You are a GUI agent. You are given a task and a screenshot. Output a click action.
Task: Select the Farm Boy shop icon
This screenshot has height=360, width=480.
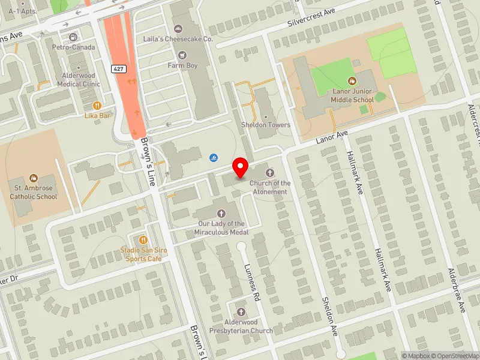182,55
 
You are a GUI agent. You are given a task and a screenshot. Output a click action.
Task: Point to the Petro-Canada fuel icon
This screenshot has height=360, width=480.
74,37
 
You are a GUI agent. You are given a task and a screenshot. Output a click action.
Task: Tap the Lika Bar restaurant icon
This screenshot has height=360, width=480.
97,105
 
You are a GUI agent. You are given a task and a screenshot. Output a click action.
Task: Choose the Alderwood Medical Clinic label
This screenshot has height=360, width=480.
79,80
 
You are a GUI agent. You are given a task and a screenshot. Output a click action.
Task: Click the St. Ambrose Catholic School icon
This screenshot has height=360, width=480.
34,178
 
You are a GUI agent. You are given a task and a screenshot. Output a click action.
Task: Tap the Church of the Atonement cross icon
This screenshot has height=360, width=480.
269,173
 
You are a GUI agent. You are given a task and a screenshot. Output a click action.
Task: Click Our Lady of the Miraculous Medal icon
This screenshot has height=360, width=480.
221,213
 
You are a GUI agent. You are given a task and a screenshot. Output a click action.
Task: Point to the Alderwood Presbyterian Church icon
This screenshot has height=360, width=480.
241,312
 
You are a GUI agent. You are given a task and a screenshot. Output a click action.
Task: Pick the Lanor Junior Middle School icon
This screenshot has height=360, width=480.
352,80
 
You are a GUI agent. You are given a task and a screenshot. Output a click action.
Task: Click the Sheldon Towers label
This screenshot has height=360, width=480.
266,125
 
